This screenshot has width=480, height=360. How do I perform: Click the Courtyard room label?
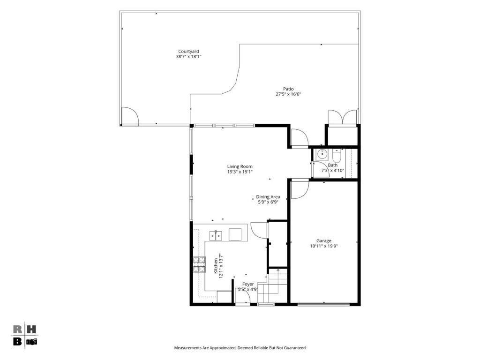tap(188, 52)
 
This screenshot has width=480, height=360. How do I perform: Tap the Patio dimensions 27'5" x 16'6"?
tap(288, 94)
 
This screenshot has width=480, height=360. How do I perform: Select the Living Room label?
tap(240, 166)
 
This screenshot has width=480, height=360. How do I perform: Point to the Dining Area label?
tap(268, 197)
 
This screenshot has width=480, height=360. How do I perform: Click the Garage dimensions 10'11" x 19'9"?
tap(323, 246)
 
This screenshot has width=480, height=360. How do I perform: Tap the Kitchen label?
tap(216, 266)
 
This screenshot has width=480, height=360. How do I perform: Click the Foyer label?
tap(248, 284)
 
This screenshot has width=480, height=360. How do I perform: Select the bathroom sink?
tap(322, 155)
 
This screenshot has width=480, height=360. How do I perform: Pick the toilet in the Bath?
tap(337, 156)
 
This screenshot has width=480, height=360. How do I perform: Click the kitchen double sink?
tap(216, 236)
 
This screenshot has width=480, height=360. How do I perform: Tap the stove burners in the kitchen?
tap(199, 264)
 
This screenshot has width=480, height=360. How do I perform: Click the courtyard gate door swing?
tap(130, 116)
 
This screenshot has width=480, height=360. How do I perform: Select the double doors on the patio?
tap(343, 118)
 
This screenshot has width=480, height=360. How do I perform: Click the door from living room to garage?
tap(300, 190)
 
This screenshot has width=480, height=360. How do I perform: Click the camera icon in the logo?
tap(31, 342)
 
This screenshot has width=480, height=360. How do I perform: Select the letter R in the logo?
tap(17, 330)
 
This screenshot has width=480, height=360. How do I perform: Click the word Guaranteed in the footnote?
tap(295, 348)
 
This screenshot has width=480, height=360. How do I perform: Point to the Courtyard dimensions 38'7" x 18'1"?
tap(188, 57)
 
